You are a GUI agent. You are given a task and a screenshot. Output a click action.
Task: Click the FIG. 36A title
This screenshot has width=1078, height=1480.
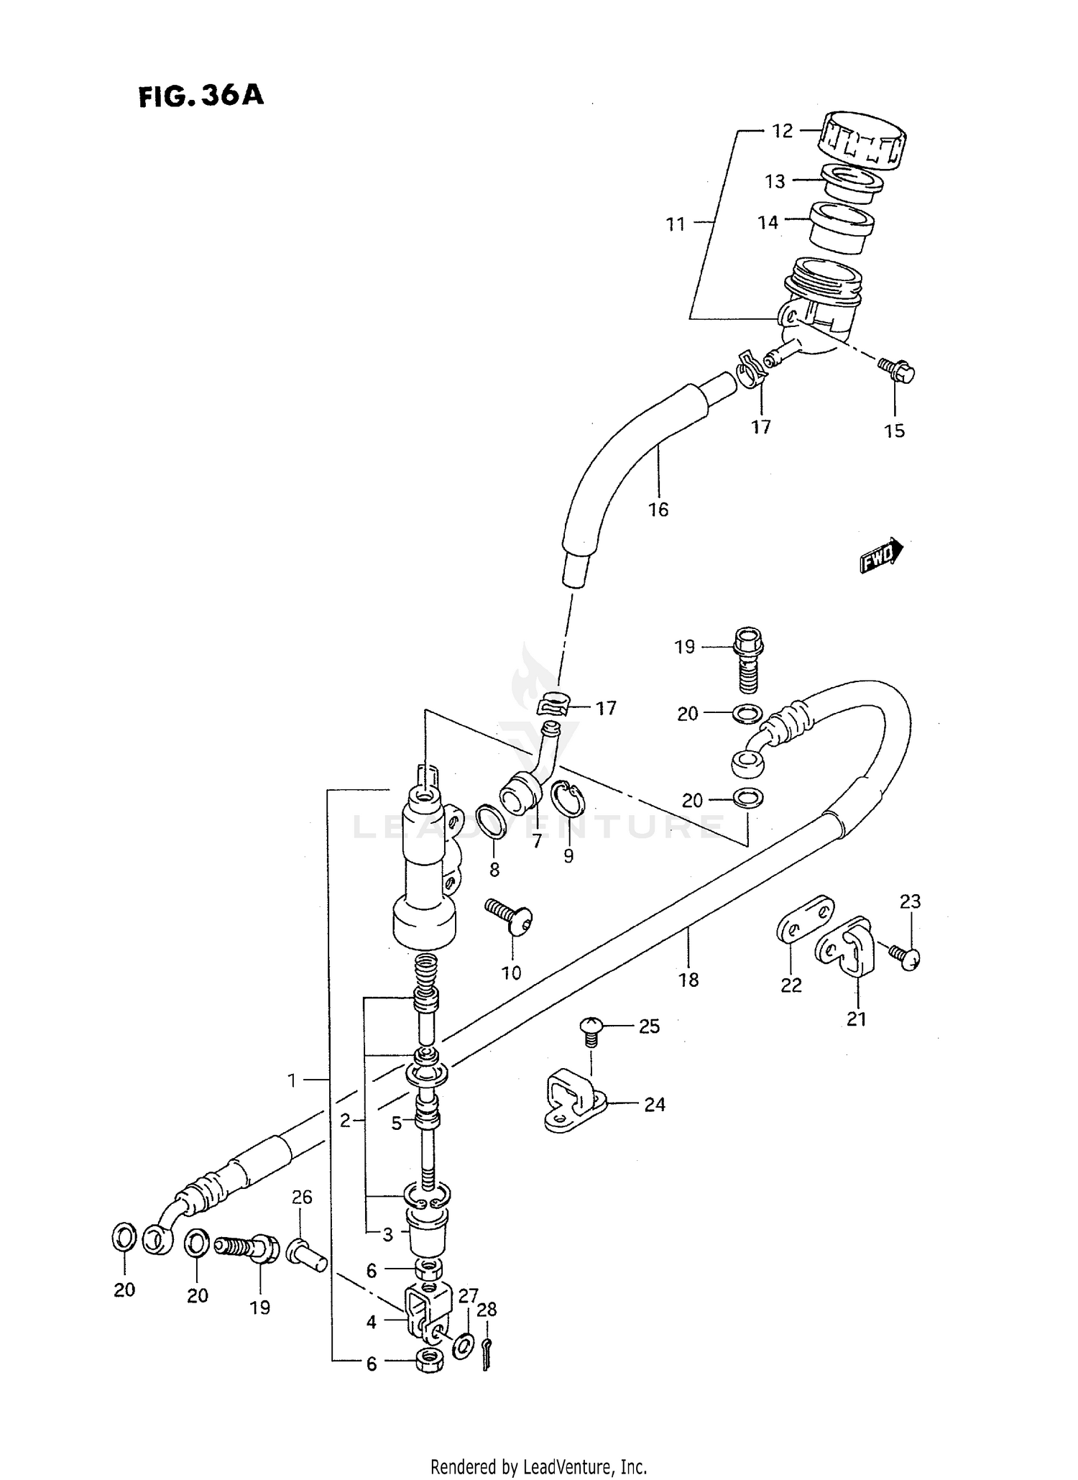coord(201,96)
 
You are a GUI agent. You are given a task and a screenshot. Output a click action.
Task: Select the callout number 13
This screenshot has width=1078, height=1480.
coord(775,182)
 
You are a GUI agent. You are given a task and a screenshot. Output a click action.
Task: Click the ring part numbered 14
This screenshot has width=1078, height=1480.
coord(842,226)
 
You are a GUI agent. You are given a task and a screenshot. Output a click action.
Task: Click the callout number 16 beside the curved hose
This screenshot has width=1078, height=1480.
coord(658,510)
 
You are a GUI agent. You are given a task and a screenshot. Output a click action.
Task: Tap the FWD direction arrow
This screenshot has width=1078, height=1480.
coord(881,555)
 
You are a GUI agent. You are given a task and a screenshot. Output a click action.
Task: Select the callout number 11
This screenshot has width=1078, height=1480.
coord(675,224)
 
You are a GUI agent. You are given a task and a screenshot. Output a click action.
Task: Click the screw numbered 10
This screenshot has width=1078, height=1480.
coord(511,916)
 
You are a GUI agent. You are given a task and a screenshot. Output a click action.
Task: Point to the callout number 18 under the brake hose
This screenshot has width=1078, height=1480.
coord(688,980)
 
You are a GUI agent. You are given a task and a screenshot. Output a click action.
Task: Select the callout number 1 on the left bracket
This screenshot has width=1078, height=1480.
coord(292,1080)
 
